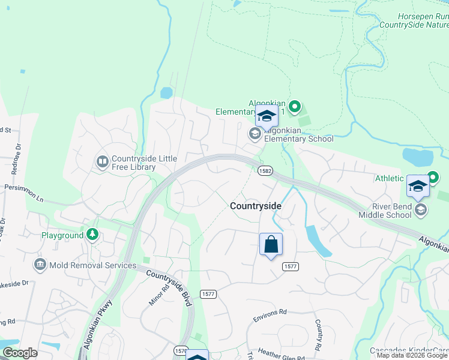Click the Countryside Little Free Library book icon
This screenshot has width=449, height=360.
(x=102, y=162)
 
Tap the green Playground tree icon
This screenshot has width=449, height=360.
(x=92, y=235)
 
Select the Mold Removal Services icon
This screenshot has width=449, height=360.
(x=40, y=265)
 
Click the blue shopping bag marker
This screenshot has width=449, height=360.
(x=271, y=244)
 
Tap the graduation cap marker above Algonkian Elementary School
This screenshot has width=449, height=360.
(x=267, y=116)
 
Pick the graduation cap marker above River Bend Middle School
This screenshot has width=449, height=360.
(x=417, y=185)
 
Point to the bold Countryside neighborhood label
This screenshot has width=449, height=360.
(x=255, y=206)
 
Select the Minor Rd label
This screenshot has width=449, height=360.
(x=155, y=293)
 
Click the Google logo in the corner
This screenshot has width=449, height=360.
(x=20, y=352)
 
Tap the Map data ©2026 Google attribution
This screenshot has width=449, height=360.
(x=412, y=355)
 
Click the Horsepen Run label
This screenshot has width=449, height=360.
(x=423, y=17)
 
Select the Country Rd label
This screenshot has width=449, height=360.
(x=318, y=335)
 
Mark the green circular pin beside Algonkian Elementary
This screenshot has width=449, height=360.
(x=294, y=107)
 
